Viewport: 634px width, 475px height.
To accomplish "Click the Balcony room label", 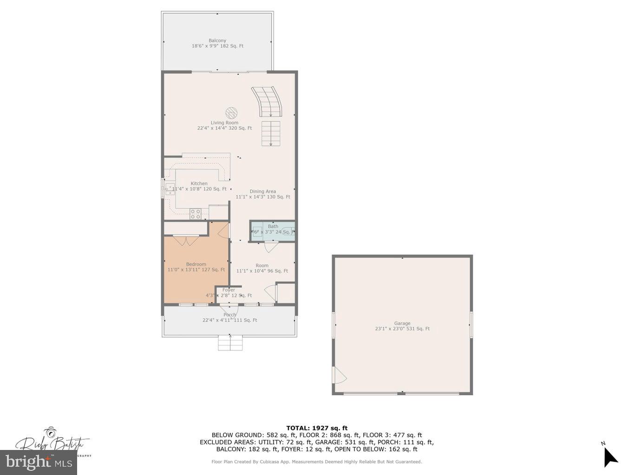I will pos(217,41).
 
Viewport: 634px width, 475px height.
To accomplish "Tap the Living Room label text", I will pos(224,123).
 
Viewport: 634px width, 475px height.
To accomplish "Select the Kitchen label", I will pos(199,184).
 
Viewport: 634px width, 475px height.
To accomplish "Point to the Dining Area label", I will pos(262,191).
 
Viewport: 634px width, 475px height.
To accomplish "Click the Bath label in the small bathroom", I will pos(273,226).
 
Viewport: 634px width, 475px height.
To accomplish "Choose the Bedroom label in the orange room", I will pos(196,264).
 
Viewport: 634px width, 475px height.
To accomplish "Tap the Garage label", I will pos(402,323).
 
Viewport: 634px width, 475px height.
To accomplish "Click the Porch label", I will pos(229,315).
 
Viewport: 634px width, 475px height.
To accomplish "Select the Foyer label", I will pos(229,290).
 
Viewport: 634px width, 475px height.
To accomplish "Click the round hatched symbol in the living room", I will pos(231,113).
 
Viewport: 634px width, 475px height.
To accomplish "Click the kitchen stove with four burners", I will pos(196,214).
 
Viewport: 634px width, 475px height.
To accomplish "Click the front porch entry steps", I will pos(231,344).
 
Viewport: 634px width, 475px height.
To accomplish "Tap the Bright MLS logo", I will pos(39,462).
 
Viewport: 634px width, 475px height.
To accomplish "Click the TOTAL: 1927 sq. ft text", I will pos(317,428).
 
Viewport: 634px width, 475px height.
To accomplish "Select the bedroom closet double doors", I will pos(186,241).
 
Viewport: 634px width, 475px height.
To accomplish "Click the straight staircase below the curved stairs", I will pos(271,133).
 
